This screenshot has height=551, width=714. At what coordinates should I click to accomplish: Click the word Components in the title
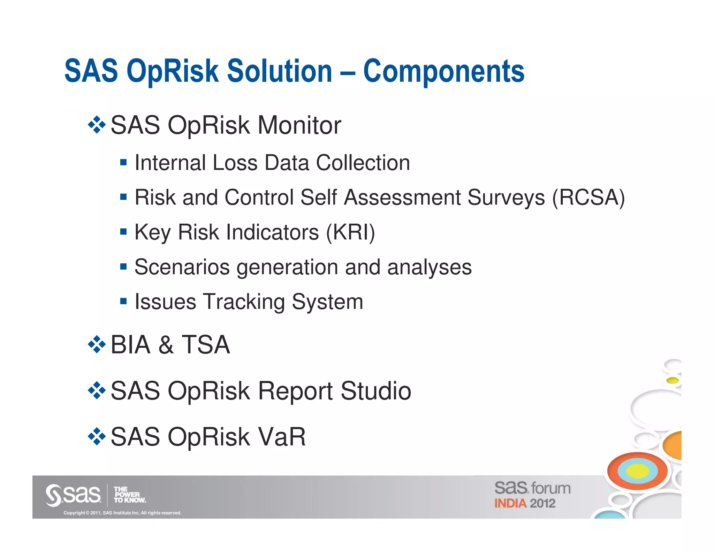pos(443,71)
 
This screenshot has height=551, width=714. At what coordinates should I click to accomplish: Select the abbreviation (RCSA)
pos(588,197)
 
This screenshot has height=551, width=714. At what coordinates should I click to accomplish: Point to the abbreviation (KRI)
pos(350,232)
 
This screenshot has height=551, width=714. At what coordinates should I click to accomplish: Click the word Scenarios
pos(182,267)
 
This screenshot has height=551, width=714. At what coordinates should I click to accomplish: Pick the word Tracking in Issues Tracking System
pos(244,302)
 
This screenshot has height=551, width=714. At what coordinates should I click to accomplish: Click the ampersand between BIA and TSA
pos(166,345)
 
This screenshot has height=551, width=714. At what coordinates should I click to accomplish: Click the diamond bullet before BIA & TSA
pos(97,345)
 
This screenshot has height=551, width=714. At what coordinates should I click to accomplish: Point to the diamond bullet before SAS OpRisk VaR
pos(97,436)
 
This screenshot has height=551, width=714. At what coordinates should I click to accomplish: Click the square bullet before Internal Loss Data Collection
pos(123,162)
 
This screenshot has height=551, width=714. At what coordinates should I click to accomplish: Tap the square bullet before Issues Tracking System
pos(123,301)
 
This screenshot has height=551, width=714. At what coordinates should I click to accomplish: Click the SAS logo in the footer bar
pos(73,495)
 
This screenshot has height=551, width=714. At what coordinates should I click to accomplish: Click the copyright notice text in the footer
pos(122,513)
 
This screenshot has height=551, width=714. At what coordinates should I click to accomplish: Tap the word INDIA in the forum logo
pos(510,504)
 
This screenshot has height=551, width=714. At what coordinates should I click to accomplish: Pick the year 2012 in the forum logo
pos(542,504)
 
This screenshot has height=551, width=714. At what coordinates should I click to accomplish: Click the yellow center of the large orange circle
pos(637,471)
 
